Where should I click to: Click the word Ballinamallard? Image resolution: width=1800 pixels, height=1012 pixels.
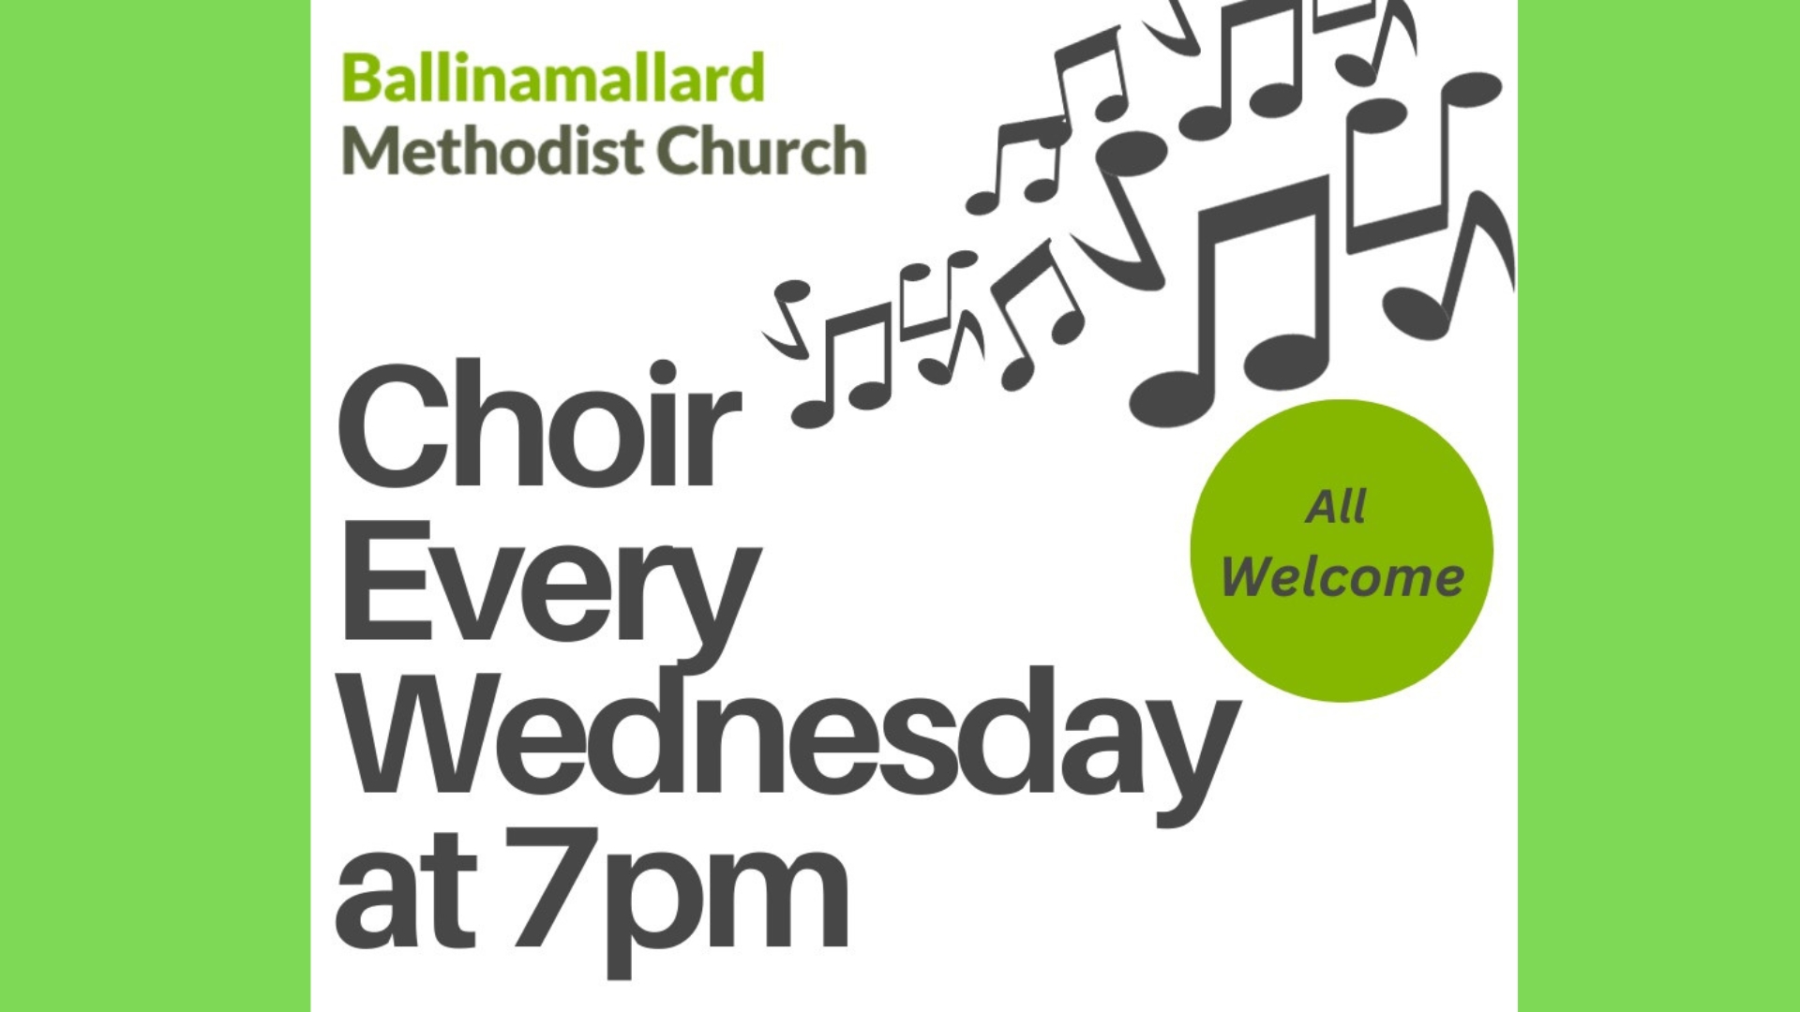pos(553,78)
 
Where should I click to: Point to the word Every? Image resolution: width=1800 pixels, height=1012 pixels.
pos(548,586)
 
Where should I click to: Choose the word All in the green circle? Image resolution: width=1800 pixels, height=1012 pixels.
pos(1335,507)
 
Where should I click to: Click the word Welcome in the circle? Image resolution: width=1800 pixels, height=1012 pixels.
pos(1342,576)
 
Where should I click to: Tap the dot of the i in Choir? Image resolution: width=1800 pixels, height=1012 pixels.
pos(636,374)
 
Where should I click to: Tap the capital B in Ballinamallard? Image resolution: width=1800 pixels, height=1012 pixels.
pos(362,78)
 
